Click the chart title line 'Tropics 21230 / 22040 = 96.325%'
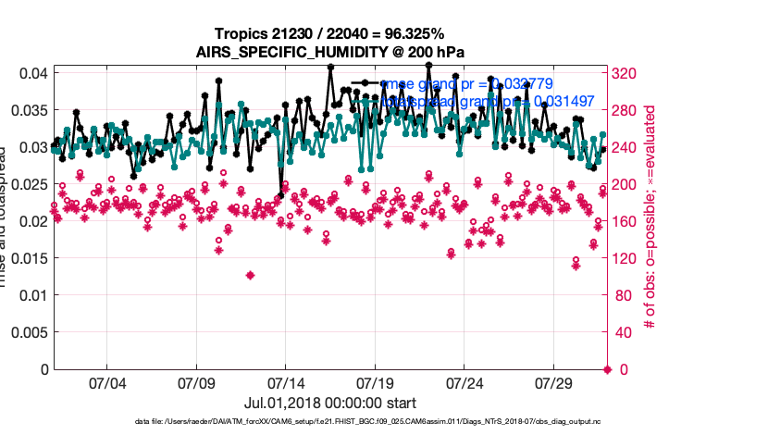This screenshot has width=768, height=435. (328, 33)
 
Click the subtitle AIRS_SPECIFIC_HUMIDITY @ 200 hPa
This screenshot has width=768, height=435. (328, 52)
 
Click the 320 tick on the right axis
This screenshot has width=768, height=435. (626, 73)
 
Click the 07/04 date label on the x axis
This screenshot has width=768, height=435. (106, 382)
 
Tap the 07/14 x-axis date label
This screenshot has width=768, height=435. (286, 382)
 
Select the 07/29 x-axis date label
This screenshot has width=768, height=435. (554, 382)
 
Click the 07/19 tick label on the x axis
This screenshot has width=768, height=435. (375, 382)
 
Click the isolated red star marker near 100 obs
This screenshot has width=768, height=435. (250, 275)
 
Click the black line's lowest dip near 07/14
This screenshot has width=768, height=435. (280, 195)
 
